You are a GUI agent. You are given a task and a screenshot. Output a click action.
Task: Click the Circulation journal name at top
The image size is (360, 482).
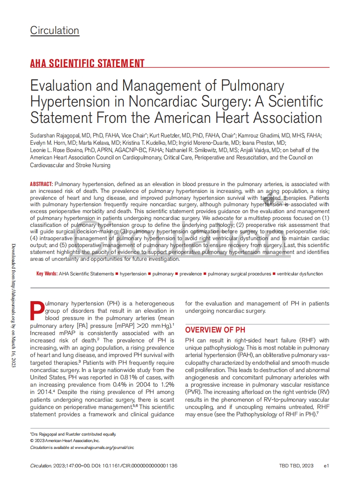coord(55,31)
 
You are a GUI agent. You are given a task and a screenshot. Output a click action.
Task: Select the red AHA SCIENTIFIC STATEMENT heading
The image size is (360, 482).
coord(87,64)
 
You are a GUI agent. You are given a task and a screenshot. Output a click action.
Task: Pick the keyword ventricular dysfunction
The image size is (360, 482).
coord(300,274)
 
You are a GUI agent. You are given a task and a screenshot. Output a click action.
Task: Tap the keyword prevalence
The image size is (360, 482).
coord(190,274)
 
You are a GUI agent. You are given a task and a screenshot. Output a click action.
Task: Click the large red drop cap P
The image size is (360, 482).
coord(37,311)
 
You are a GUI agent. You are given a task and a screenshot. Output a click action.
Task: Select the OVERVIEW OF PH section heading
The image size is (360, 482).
coord(215,330)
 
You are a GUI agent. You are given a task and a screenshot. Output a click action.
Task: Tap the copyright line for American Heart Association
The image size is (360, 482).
coord(64,441)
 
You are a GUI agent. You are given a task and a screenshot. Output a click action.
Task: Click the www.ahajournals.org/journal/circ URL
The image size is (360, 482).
coord(104,447)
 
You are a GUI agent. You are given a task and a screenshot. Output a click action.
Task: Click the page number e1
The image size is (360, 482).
coord(326,466)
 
